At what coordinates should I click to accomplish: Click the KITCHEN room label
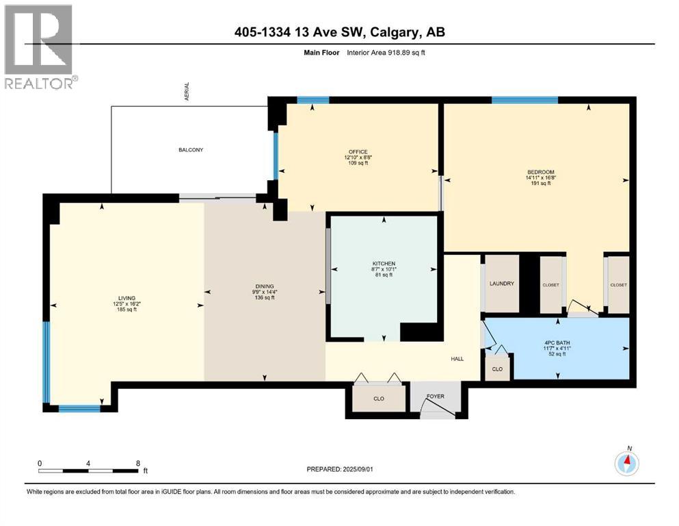(x=384, y=264)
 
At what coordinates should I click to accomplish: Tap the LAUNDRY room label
(x=501, y=284)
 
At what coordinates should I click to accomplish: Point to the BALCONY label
(x=191, y=149)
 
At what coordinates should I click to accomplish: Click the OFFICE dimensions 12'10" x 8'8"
(x=358, y=158)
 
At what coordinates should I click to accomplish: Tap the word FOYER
(x=435, y=395)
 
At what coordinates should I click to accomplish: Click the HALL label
(x=457, y=357)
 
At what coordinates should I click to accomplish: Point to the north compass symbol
(x=627, y=463)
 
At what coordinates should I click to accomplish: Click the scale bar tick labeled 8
(x=138, y=463)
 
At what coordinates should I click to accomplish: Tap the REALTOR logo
(x=39, y=48)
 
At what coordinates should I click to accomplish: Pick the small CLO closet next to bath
(x=497, y=368)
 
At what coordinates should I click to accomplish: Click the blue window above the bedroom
(x=524, y=100)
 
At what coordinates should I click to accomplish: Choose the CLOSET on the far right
(x=618, y=285)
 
